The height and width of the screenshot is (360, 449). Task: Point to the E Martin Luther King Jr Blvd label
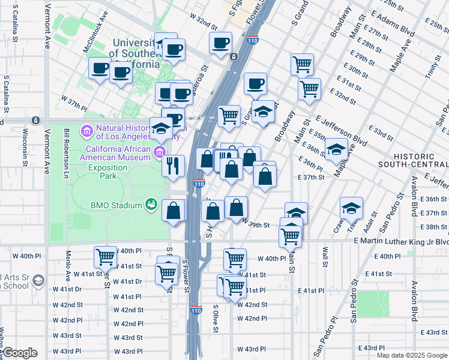(401, 241)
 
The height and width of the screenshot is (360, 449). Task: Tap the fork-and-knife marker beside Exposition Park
(173, 165)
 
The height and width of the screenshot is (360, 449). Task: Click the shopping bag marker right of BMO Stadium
(173, 211)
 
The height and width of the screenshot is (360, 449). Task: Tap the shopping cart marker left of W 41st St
(106, 257)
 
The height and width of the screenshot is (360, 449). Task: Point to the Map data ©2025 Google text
(411, 355)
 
